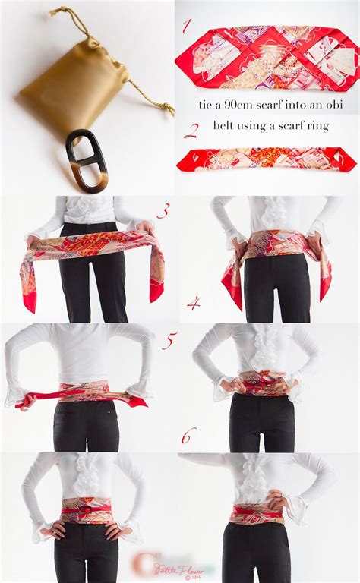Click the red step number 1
186,27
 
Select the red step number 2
191,130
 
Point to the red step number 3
163,210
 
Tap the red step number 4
194,303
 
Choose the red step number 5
169,341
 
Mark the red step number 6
188,435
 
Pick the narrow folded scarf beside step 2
266,159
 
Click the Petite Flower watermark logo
163,566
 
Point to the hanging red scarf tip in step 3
30,300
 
